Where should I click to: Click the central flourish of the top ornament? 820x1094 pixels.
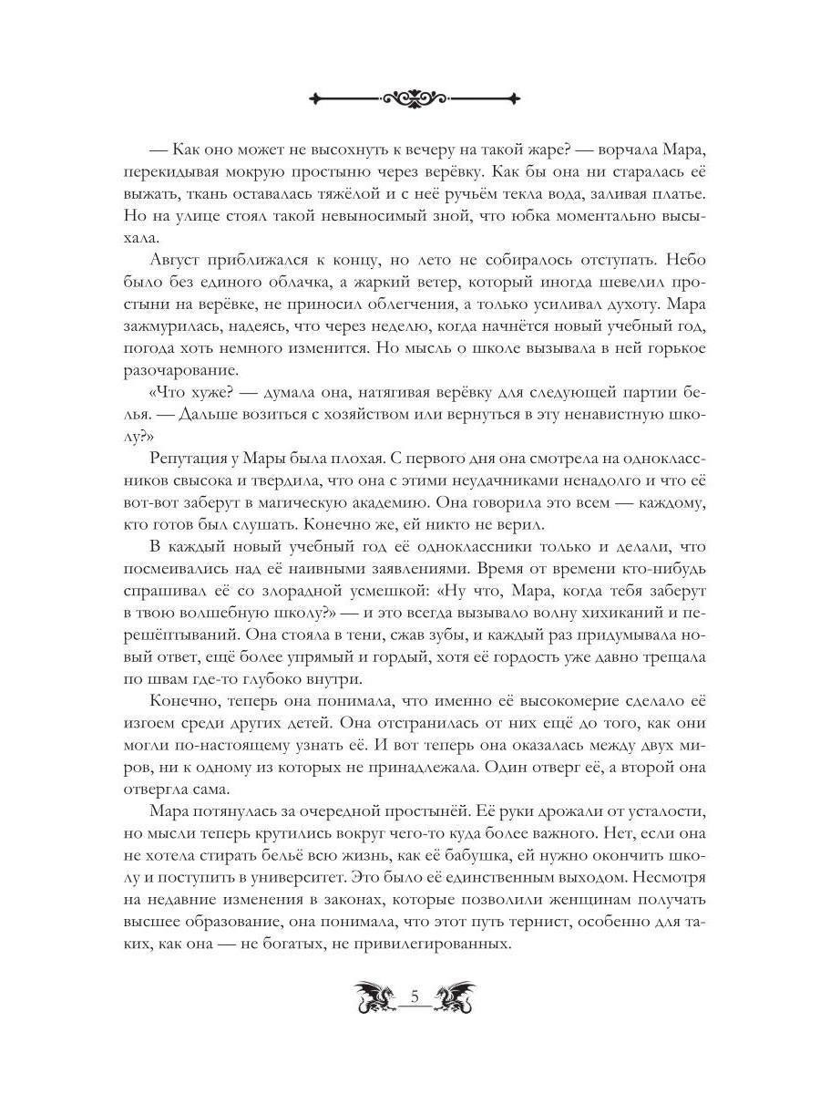pyautogui.click(x=415, y=97)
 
